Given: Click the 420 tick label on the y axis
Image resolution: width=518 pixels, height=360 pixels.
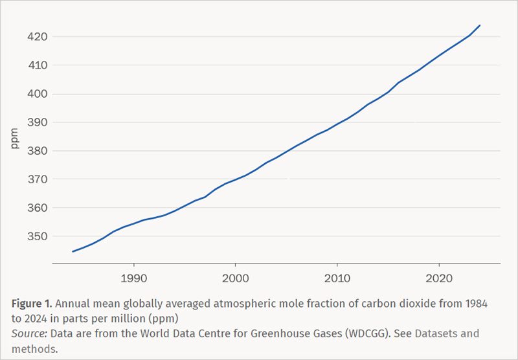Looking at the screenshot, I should pyautogui.click(x=37, y=37).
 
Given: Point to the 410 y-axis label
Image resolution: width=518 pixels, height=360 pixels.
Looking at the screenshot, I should pyautogui.click(x=37, y=65).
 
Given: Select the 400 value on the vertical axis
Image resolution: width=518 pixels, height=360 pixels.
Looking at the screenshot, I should pyautogui.click(x=37, y=94).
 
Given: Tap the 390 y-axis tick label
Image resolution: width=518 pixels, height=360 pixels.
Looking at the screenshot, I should pyautogui.click(x=37, y=122).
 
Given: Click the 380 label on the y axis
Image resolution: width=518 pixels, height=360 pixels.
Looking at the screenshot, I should pyautogui.click(x=37, y=151).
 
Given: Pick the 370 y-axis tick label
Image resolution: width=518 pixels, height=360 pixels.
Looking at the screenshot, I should pyautogui.click(x=37, y=179).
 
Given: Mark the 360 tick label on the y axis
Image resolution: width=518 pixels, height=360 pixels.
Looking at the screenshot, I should pyautogui.click(x=37, y=208).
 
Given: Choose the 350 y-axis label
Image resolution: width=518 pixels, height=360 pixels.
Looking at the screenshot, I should pyautogui.click(x=37, y=236).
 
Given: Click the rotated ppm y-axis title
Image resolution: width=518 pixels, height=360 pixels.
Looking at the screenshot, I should pyautogui.click(x=15, y=139).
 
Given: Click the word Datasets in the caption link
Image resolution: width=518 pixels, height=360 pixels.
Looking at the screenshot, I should pyautogui.click(x=435, y=334).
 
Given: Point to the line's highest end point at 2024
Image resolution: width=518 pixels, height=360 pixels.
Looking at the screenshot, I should pyautogui.click(x=480, y=25).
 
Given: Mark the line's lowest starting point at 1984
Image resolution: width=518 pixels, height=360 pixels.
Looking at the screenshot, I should pyautogui.click(x=73, y=251).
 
